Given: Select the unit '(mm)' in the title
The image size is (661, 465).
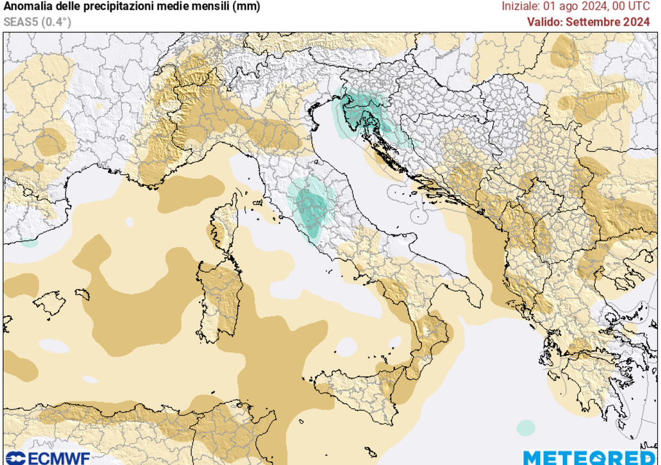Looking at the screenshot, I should (247, 7).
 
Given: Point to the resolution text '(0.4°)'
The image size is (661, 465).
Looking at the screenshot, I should (56, 21).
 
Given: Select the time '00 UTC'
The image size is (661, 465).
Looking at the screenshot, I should (631, 6).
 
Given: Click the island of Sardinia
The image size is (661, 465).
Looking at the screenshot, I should (219, 300).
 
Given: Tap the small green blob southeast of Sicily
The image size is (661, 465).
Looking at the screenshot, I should (525, 428).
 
